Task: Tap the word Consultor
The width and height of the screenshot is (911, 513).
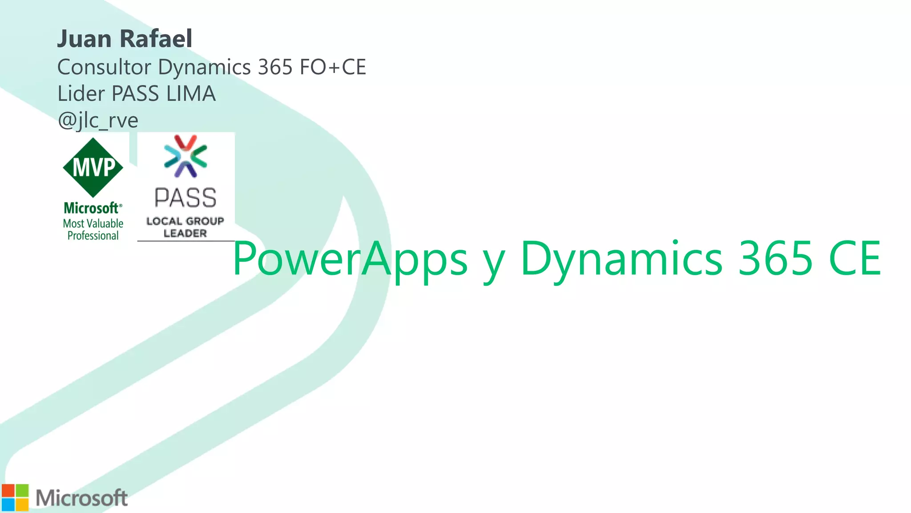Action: point(104,67)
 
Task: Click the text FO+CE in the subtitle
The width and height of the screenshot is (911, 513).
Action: point(333,67)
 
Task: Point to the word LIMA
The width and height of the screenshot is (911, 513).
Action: point(191,94)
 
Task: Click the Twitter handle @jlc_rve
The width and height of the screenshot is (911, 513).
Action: point(98,120)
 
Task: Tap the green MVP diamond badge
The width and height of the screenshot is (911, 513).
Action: point(93,167)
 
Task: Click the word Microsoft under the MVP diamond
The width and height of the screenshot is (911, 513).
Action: point(92,208)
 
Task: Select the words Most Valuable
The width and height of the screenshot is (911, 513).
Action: point(93,224)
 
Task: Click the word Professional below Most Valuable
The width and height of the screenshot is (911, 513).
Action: point(93,236)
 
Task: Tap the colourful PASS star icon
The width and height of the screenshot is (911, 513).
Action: point(185,156)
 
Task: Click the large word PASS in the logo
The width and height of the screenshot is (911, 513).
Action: point(185,198)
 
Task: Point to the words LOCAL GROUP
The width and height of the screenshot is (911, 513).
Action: point(185,221)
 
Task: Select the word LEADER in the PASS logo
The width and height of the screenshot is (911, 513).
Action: point(185,233)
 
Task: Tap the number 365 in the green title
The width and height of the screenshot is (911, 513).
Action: point(775,258)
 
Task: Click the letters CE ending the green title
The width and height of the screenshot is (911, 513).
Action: point(855,258)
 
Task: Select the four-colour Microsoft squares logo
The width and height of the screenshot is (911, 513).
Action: point(15,497)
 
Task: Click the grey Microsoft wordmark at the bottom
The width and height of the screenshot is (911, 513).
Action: point(82,498)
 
